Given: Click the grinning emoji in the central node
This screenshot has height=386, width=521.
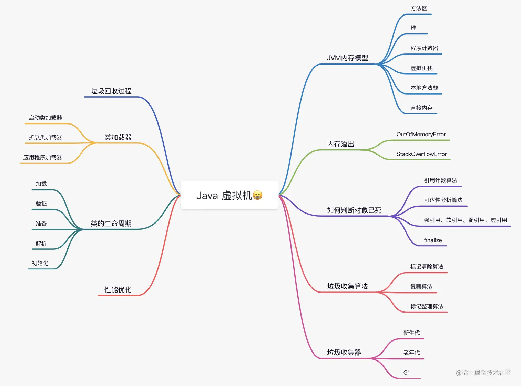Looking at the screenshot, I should click(x=257, y=195).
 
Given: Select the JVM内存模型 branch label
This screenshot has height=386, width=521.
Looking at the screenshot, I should click(x=347, y=58).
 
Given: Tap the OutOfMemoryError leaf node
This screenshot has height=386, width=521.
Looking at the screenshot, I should click(x=421, y=134).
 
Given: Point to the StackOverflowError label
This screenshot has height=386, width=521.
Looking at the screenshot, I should click(x=421, y=154).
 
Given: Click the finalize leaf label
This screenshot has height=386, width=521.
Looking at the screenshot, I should click(x=433, y=240).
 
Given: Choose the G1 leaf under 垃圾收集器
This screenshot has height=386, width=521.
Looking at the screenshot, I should click(x=407, y=373).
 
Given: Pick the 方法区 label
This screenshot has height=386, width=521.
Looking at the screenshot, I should click(x=419, y=8).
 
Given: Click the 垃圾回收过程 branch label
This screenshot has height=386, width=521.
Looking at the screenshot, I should click(x=111, y=91).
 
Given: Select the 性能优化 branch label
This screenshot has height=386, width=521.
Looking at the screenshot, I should click(x=118, y=290).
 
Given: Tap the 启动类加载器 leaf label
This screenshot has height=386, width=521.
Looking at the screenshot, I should click(x=45, y=118).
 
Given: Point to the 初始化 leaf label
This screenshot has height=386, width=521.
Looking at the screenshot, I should click(x=40, y=263).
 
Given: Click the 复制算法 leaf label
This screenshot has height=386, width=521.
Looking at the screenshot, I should click(x=421, y=286).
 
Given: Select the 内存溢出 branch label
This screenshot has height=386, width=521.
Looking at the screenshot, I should click(x=340, y=144).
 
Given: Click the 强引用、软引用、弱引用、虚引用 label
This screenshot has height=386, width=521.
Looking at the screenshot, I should click(x=465, y=220).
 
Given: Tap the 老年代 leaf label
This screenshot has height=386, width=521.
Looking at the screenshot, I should click(x=411, y=353).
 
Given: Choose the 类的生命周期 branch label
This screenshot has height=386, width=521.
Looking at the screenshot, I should click(x=111, y=224).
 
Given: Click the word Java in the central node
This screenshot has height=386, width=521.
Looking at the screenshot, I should click(x=207, y=196).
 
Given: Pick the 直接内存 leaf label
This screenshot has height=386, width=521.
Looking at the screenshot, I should click(x=421, y=108).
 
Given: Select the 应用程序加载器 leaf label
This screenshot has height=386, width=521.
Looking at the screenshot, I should click(x=43, y=157).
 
